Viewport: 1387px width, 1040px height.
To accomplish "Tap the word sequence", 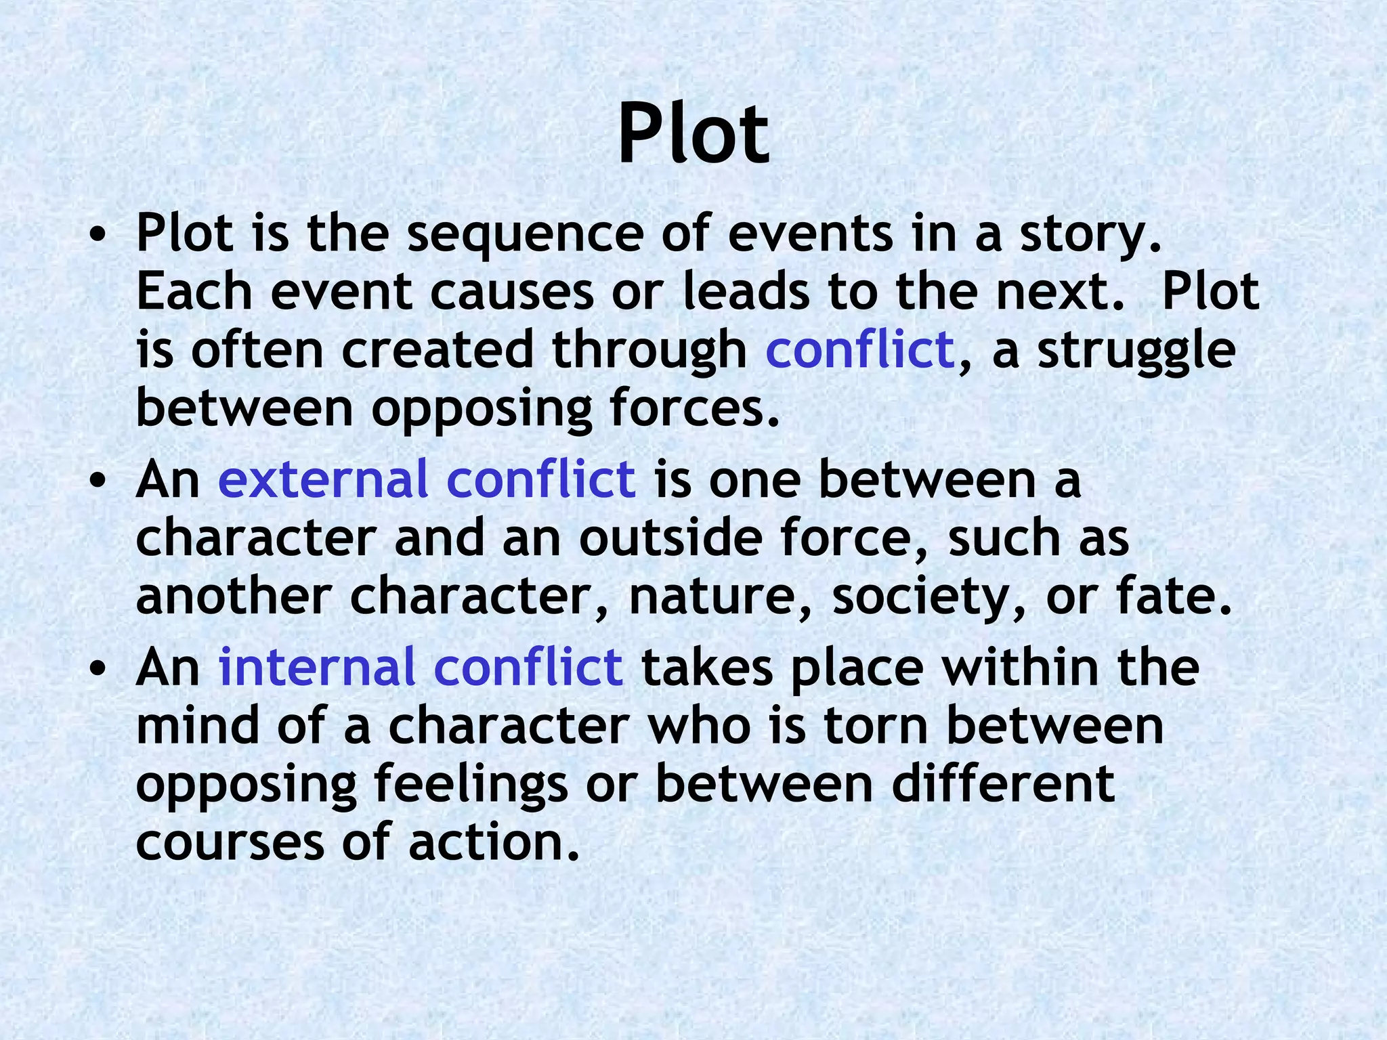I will pyautogui.click(x=525, y=234).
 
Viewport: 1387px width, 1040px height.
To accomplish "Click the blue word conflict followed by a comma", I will pyautogui.click(x=859, y=350).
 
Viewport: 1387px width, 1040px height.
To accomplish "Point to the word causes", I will pyautogui.click(x=512, y=292).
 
